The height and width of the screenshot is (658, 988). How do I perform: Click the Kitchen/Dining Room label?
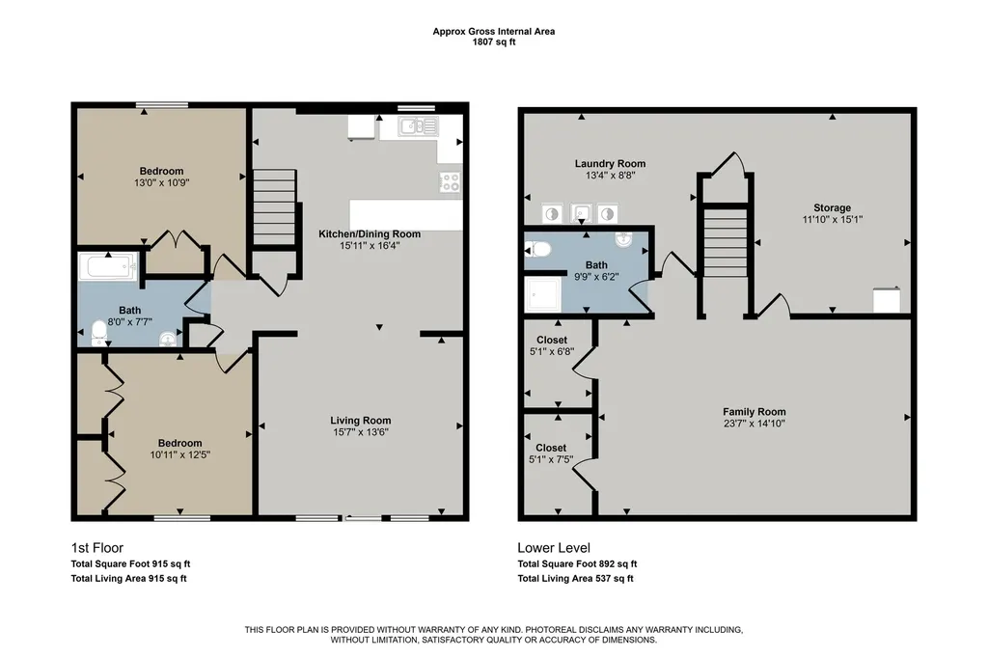click(x=370, y=233)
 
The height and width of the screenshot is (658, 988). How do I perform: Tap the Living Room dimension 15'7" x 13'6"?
click(x=362, y=432)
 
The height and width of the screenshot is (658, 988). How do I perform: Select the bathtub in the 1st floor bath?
click(x=108, y=266)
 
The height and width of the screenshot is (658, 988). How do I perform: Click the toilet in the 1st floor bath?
click(x=99, y=333)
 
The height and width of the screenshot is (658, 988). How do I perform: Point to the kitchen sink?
click(x=418, y=126)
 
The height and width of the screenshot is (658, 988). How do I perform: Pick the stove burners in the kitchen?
click(x=450, y=181)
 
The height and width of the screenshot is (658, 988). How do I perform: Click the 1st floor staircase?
click(x=273, y=210)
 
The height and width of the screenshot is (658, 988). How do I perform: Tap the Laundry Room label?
click(x=610, y=164)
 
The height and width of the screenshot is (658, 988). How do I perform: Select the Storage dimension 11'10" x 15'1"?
click(x=833, y=220)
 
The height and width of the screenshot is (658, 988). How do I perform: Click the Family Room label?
click(x=755, y=412)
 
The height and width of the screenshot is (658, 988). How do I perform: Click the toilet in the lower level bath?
click(x=537, y=250)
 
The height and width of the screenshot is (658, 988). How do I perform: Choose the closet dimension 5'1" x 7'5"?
click(x=551, y=460)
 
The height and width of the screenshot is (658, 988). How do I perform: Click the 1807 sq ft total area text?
click(x=494, y=42)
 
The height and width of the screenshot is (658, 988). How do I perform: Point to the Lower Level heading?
click(x=554, y=548)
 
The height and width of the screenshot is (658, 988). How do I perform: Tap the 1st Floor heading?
click(x=97, y=548)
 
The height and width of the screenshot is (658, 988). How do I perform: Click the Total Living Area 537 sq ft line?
click(x=576, y=579)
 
